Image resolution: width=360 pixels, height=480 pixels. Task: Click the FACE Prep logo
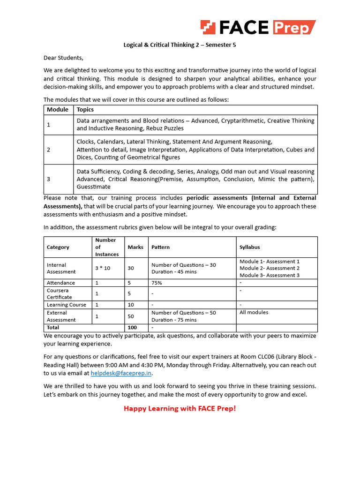coord(258,27)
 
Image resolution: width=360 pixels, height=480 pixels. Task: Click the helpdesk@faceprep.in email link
coord(121,374)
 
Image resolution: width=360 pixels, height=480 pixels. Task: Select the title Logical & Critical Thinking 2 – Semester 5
coord(180,45)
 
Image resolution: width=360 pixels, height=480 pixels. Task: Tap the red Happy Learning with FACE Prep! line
coord(180,408)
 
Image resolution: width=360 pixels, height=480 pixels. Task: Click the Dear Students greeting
coord(63,58)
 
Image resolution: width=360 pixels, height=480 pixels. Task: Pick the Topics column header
coord(85,110)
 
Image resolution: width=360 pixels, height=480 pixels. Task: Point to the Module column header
coord(57,110)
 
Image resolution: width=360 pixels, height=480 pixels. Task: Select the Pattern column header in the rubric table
coord(160,247)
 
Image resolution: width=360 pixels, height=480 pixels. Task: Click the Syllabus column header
coord(249,247)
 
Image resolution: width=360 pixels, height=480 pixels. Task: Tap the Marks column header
coord(135,247)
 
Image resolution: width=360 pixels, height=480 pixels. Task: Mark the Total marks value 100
coord(133,328)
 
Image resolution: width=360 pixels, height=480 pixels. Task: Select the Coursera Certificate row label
coord(60,293)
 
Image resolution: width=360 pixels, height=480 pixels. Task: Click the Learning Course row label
coord(67,305)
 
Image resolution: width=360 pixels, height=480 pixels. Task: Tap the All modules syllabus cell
coord(254,312)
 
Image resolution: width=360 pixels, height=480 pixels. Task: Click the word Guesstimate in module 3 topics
coord(94,187)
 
